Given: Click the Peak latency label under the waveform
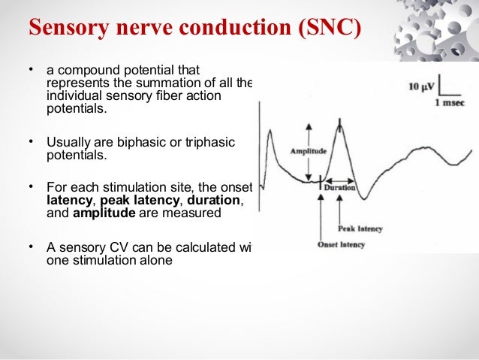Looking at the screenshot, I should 360,228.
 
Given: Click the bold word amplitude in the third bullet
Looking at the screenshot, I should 104,213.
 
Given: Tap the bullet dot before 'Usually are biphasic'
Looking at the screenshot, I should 31,141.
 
